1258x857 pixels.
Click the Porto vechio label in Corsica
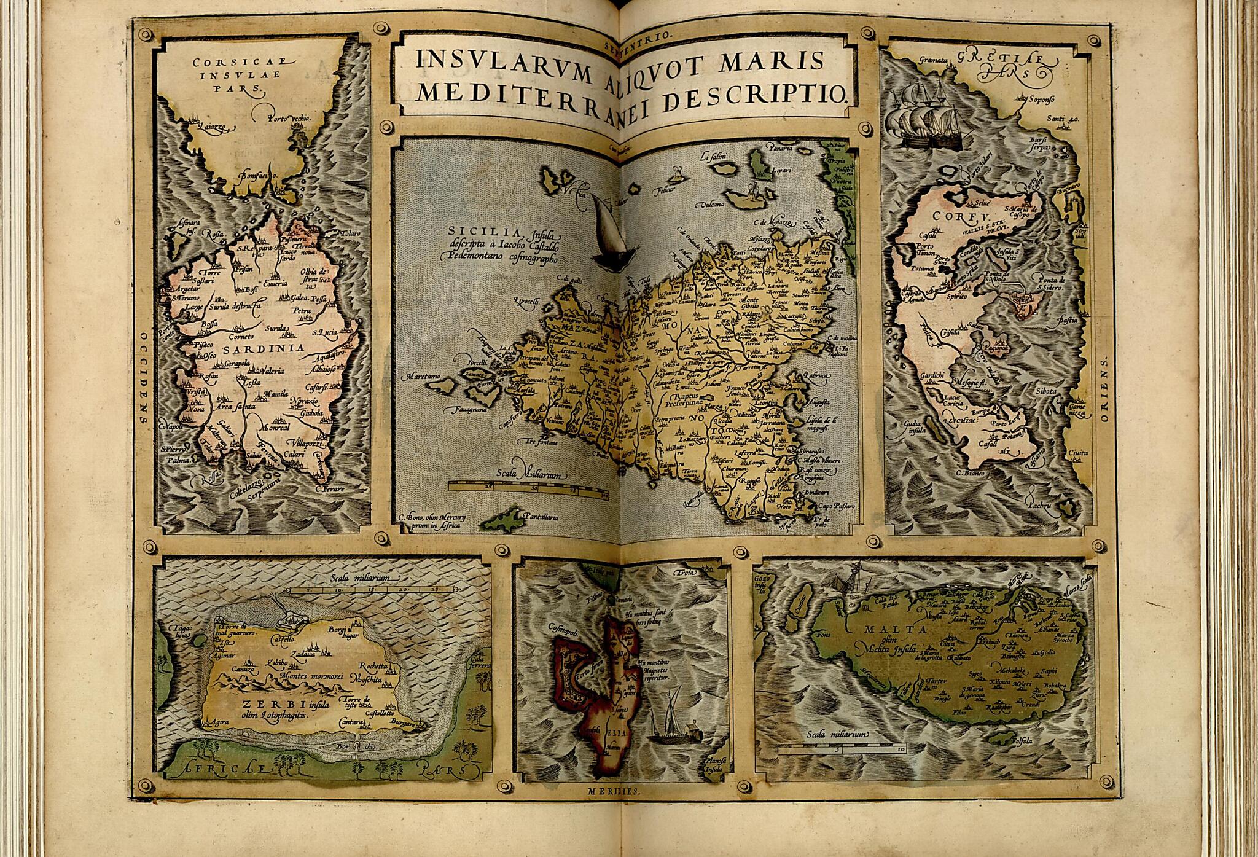point(286,118)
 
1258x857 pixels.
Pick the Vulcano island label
point(713,203)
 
